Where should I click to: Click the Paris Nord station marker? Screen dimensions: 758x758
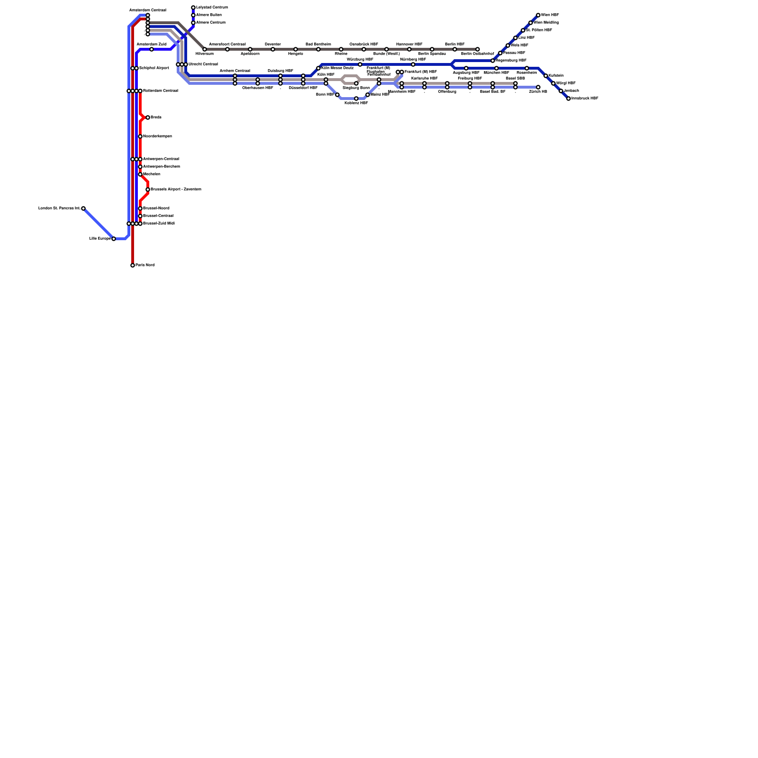click(133, 265)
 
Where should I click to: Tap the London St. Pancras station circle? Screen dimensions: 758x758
click(83, 208)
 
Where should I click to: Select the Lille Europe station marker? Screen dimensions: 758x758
click(114, 239)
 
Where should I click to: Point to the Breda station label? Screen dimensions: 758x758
click(156, 117)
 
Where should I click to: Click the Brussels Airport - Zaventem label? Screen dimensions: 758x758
click(176, 189)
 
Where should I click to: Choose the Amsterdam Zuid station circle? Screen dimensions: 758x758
click(152, 49)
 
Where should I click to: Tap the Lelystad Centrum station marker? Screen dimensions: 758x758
click(193, 8)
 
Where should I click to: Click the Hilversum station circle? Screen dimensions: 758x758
click(205, 49)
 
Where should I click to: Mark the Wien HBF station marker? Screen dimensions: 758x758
click(538, 15)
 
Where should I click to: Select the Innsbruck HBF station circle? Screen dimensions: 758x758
click(568, 99)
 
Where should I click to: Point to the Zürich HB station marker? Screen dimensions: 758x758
click(538, 87)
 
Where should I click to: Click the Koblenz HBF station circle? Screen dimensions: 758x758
click(356, 99)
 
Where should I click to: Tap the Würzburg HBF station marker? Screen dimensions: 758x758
click(360, 64)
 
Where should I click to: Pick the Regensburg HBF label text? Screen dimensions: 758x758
click(511, 61)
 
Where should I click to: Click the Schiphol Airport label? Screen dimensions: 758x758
click(154, 68)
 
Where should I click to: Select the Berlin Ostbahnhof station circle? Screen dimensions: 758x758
click(478, 49)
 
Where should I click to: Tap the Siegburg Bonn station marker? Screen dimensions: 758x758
click(356, 83)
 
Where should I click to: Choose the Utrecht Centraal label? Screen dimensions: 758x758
click(203, 64)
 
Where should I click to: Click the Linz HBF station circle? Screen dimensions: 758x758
click(515, 38)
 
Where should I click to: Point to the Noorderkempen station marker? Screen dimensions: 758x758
click(140, 136)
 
